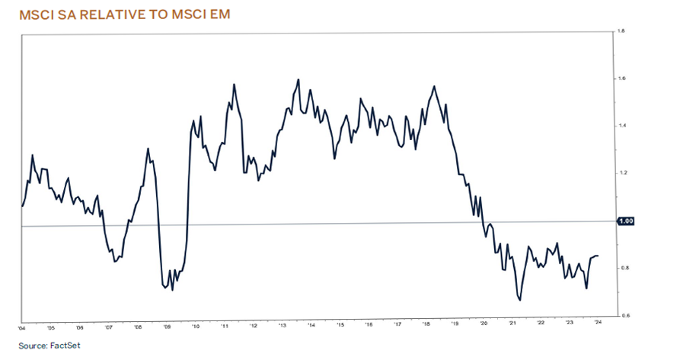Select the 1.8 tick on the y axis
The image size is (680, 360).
pyautogui.click(x=621, y=31)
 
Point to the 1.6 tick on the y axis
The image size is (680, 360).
pyautogui.click(x=621, y=78)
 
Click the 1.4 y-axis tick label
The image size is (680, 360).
pyautogui.click(x=621, y=126)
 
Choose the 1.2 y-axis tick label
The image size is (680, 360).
pyautogui.click(x=621, y=173)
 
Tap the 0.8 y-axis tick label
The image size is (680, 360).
pyautogui.click(x=621, y=268)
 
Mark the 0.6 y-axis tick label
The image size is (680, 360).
pyautogui.click(x=621, y=315)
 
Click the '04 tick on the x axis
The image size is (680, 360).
pyautogui.click(x=21, y=328)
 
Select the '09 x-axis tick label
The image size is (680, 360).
pyautogui.click(x=167, y=328)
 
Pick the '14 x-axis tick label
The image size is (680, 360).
pyautogui.click(x=311, y=328)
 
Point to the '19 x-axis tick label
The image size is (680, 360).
pyautogui.click(x=455, y=328)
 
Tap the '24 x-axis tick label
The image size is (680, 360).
pyautogui.click(x=600, y=328)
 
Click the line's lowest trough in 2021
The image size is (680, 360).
pyautogui.click(x=520, y=300)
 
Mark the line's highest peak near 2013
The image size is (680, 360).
pyautogui.click(x=298, y=79)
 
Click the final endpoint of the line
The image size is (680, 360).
pyautogui.click(x=598, y=256)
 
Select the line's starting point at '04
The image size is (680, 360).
pyautogui.click(x=22, y=206)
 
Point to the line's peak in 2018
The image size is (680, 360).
pyautogui.click(x=433, y=86)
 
